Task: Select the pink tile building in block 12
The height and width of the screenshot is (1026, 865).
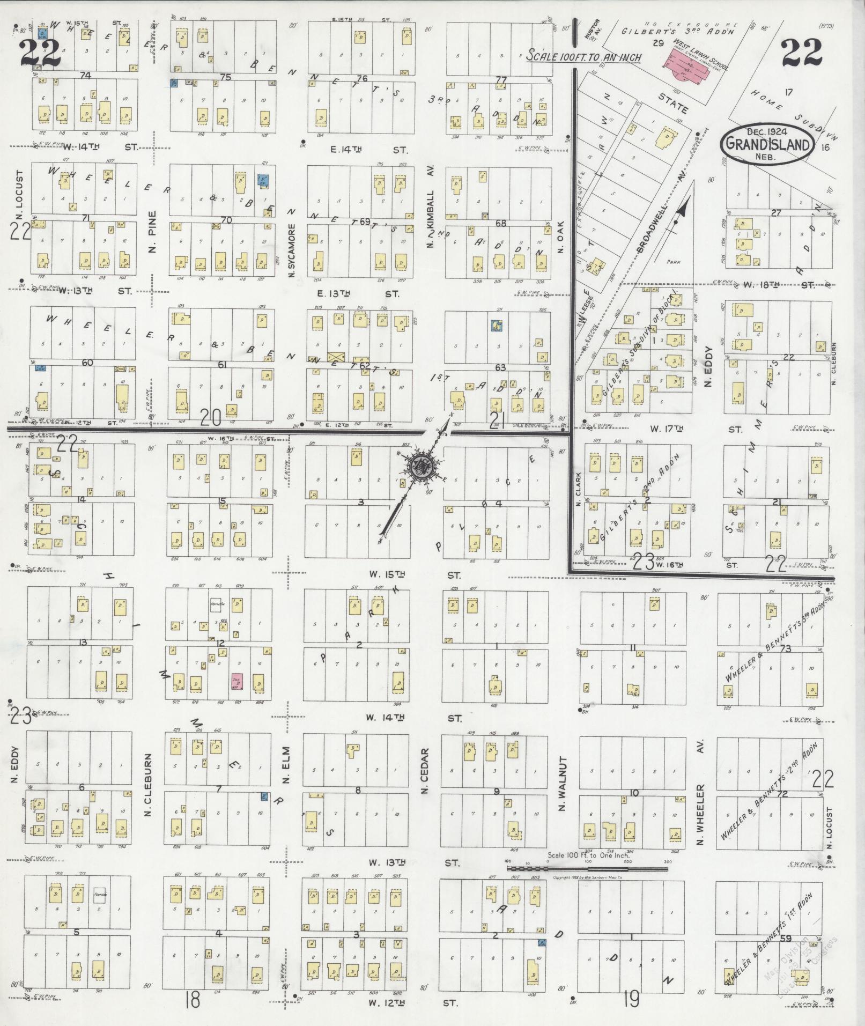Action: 236,681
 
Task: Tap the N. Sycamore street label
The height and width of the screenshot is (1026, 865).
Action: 292,250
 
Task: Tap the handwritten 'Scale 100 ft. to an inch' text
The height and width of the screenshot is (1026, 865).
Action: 583,56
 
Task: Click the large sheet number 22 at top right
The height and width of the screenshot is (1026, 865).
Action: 801,52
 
